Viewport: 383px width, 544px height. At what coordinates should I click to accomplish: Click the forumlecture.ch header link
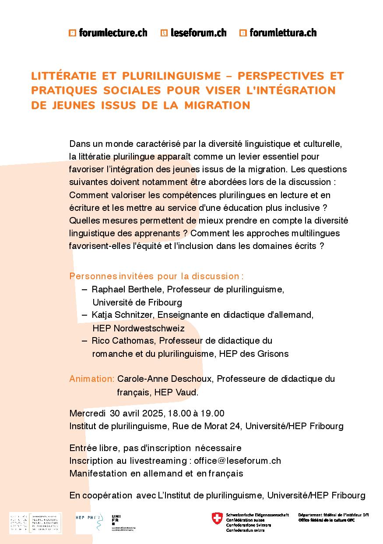pyautogui.click(x=108, y=32)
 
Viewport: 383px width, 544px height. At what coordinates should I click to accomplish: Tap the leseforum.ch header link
pyautogui.click(x=193, y=32)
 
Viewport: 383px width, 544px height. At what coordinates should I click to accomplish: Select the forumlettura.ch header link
pyautogui.click(x=278, y=32)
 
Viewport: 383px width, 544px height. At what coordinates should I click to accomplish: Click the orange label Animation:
pyautogui.click(x=92, y=379)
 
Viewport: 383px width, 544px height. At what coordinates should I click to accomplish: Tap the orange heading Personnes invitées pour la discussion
pyautogui.click(x=156, y=276)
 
